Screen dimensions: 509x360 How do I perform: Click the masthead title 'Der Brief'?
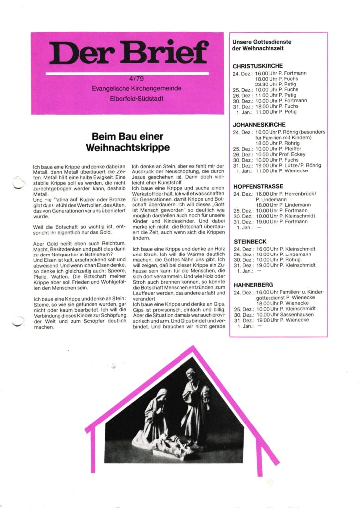(128, 52)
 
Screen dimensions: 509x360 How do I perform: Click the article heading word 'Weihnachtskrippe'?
(128, 148)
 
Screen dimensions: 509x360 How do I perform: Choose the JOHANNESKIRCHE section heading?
(259, 125)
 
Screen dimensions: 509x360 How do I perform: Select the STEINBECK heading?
(250, 241)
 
